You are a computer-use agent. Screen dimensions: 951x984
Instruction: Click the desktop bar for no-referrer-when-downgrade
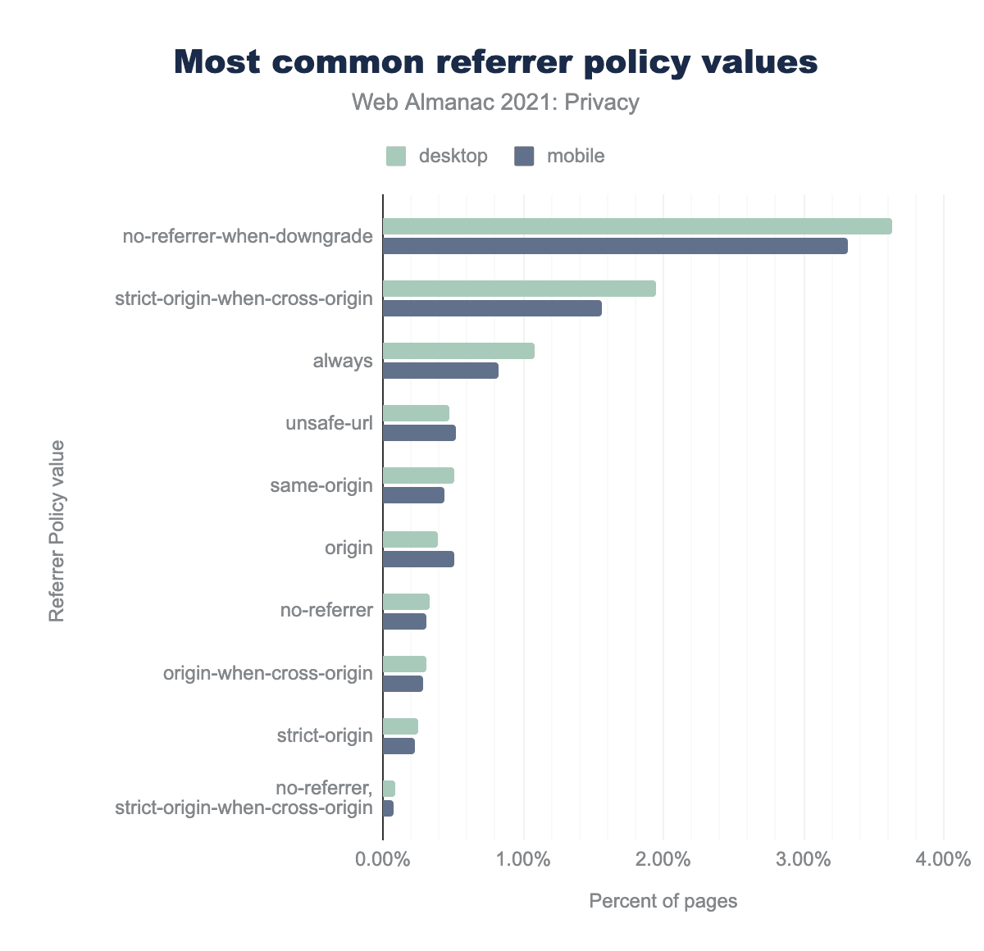637,226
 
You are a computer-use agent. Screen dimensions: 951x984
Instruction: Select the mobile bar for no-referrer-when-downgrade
615,246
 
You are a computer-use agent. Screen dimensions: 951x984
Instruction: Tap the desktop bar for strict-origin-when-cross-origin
519,289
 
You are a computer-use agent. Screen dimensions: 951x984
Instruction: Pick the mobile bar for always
440,371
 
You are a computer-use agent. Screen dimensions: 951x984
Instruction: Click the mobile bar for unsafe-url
419,433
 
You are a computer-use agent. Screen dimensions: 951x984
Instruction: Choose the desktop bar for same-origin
418,475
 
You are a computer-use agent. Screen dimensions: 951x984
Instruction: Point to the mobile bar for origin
418,559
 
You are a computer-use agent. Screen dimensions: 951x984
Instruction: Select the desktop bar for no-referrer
406,602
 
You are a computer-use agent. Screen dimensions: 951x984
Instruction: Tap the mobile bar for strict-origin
399,746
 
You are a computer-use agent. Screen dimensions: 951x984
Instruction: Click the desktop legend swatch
396,156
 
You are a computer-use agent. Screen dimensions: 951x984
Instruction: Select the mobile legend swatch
524,156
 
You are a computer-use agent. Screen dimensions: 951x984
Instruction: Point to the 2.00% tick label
663,860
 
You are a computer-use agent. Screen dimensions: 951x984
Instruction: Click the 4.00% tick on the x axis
944,860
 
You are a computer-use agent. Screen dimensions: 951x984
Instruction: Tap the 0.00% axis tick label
383,860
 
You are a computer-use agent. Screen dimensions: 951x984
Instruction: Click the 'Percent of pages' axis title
663,901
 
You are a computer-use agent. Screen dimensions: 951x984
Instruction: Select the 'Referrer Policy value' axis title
57,531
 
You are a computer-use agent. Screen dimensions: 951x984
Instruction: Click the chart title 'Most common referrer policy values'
496,62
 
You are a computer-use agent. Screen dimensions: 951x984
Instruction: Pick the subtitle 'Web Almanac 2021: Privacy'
495,102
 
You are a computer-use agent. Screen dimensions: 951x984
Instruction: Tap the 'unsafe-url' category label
329,424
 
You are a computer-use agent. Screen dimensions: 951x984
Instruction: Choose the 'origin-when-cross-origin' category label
268,673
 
